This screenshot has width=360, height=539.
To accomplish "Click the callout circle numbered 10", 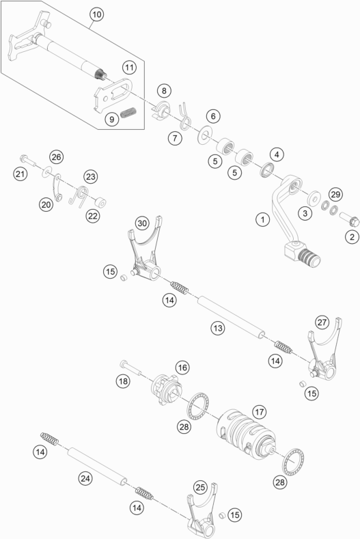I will click(95, 14).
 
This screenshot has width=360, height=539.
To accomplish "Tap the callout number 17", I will click(259, 413).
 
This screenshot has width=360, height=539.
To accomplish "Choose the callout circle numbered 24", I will click(84, 479).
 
